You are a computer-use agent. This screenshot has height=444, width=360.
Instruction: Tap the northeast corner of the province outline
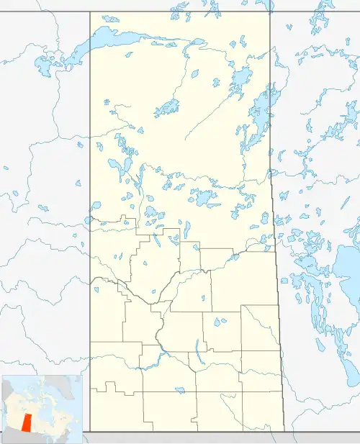[270, 12]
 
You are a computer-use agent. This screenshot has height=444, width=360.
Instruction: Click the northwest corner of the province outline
[90, 12]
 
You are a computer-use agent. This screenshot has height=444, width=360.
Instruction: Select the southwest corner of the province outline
[90, 431]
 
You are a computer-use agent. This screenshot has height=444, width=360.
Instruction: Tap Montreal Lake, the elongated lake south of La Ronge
[186, 229]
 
